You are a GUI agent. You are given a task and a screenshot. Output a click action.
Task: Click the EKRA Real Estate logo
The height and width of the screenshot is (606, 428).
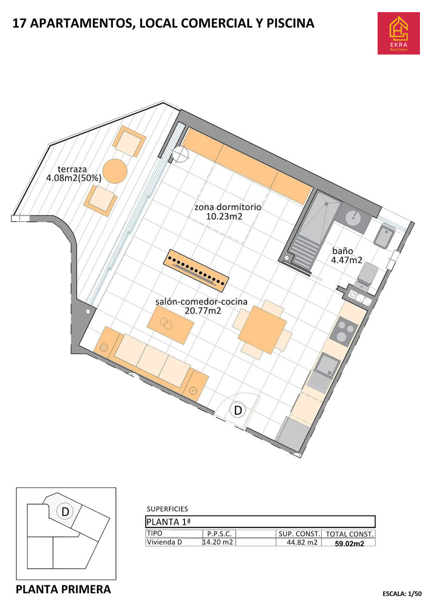pyautogui.click(x=398, y=33)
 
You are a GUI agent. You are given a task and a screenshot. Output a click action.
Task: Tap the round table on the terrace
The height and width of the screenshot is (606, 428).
pyautogui.click(x=115, y=171)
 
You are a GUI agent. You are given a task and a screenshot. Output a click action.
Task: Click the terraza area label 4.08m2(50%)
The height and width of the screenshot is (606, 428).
pyautogui.click(x=74, y=178)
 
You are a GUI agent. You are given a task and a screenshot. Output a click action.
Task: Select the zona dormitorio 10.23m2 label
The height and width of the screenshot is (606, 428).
pyautogui.click(x=228, y=212)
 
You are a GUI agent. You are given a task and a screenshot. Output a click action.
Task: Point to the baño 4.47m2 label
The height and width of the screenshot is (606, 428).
pyautogui.click(x=346, y=256)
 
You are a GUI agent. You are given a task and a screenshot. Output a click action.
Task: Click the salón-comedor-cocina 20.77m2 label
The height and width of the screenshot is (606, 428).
pyautogui.click(x=202, y=306)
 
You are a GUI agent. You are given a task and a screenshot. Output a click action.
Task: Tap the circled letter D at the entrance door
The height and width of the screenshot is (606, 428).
pyautogui.click(x=238, y=411)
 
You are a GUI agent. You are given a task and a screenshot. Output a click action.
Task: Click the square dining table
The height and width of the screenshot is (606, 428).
pyautogui.click(x=263, y=330)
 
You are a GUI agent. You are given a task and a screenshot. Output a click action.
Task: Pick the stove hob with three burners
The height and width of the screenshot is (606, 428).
pyautogui.click(x=343, y=332)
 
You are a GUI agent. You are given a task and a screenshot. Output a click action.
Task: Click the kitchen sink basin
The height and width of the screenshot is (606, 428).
pyautogui.click(x=328, y=365)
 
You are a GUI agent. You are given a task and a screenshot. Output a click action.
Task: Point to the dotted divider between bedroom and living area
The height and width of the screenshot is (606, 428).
pyautogui.click(x=196, y=271)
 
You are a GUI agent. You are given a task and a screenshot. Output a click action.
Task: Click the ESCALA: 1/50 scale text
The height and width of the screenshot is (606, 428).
pyautogui.click(x=402, y=594)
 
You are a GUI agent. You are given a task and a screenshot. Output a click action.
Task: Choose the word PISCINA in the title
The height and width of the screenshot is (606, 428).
pyautogui.click(x=290, y=23)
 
